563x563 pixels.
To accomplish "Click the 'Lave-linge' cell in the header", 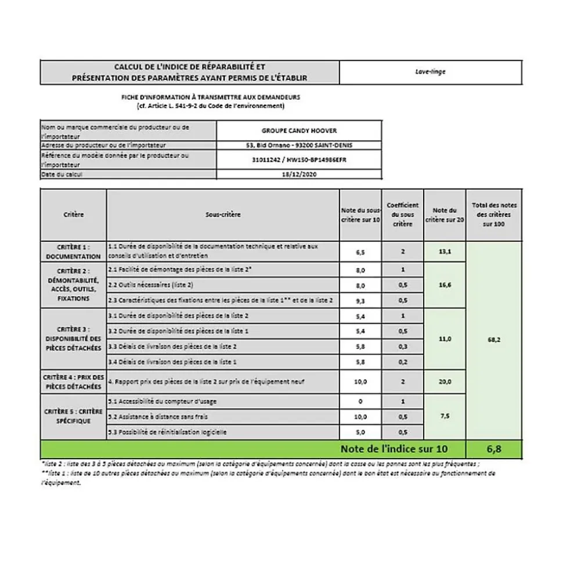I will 430,72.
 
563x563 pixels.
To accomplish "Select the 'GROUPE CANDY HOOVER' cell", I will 299,131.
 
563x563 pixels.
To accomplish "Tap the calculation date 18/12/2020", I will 299,173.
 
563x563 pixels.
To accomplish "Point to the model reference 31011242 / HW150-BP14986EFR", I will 299,159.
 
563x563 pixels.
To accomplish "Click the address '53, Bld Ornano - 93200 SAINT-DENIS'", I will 299,145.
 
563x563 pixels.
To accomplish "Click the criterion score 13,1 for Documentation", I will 445,252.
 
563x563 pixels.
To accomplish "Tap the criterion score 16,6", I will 445,285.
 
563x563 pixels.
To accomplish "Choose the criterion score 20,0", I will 445,381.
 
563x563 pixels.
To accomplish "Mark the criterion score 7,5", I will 445,416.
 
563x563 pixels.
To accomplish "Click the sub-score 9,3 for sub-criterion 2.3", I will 360,300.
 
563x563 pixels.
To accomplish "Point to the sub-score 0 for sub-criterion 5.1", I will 360,401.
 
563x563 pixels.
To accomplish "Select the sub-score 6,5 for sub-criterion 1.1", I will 360,252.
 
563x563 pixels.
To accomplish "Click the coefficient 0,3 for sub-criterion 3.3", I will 402,347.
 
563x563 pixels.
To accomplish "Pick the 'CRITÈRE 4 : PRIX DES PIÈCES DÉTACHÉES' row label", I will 73,381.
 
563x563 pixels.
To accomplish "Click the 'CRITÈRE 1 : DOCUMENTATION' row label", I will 73,252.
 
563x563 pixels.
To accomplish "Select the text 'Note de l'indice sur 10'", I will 394,448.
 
